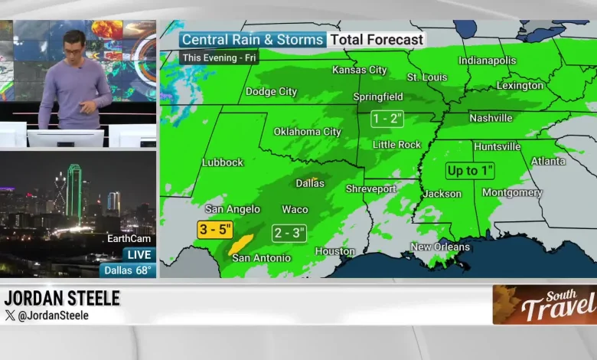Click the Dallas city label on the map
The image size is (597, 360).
coord(310,183)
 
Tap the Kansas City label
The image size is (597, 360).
coord(359,70)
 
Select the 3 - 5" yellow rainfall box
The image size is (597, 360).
coord(215,229)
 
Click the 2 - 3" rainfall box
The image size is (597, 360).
coord(289,234)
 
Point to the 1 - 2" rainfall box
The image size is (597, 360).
coord(387,119)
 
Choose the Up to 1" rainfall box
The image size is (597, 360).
coord(470,171)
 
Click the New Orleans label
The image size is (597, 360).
coord(440,247)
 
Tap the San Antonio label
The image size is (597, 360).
coord(261,258)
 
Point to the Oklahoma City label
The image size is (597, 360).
coord(307,132)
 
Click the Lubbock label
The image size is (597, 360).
coord(222,162)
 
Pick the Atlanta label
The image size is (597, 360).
coord(548,161)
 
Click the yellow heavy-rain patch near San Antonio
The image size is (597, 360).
coord(241,244)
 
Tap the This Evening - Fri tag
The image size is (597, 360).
coord(219,58)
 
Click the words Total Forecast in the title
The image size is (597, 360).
coord(377,40)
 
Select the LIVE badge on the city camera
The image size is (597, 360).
coord(139,254)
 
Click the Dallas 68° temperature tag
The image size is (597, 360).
coord(128,270)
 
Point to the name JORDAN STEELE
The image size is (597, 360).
coord(62,298)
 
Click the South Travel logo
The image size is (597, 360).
coord(545,304)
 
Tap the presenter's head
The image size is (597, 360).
coord(73,43)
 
